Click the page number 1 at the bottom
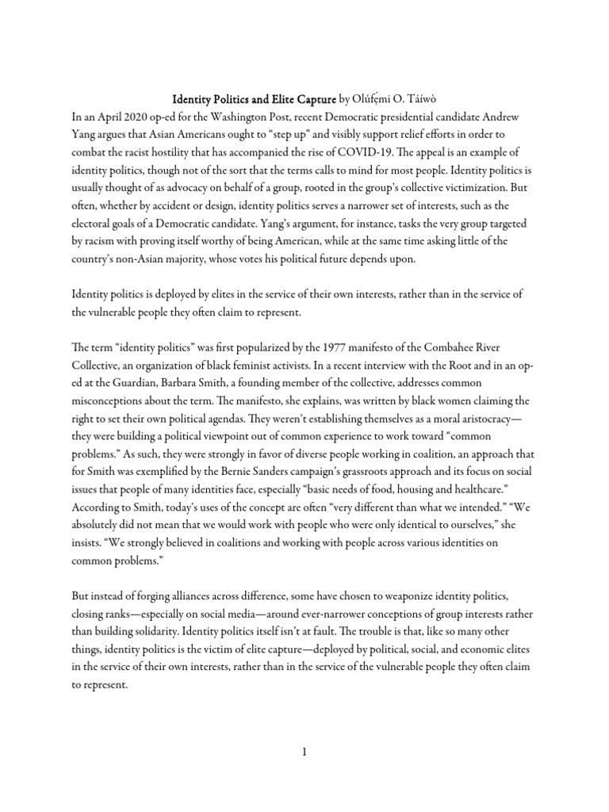pos(304,753)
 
